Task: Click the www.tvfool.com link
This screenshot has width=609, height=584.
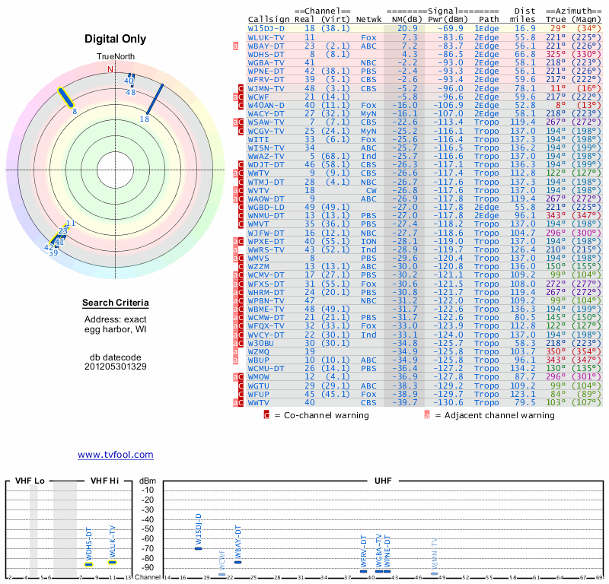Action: pyautogui.click(x=115, y=455)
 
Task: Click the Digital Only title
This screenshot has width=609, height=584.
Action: pyautogui.click(x=116, y=39)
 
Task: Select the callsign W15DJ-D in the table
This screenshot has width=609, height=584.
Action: pyautogui.click(x=268, y=27)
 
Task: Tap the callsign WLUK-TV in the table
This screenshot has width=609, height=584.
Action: pyautogui.click(x=266, y=36)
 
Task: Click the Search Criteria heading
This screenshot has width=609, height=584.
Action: pyautogui.click(x=116, y=303)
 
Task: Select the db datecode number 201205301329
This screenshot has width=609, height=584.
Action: pyautogui.click(x=116, y=366)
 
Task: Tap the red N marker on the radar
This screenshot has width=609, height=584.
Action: pyautogui.click(x=110, y=69)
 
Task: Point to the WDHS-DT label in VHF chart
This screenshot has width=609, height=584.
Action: pyautogui.click(x=88, y=544)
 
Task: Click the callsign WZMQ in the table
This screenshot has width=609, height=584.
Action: pyautogui.click(x=259, y=351)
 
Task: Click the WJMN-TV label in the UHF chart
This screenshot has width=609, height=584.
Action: pyautogui.click(x=435, y=556)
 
